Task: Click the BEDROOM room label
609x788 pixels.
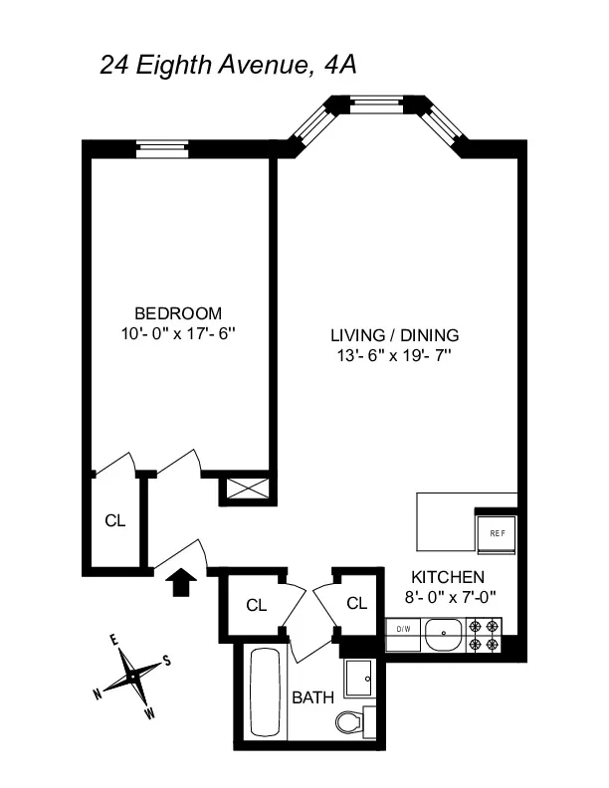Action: [179, 311]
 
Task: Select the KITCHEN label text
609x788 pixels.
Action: [448, 577]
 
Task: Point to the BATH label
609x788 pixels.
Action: [311, 698]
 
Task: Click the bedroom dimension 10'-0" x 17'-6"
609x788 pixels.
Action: [179, 333]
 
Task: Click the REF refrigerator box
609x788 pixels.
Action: [497, 531]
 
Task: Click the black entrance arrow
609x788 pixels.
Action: [180, 582]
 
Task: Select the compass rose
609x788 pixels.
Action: [132, 676]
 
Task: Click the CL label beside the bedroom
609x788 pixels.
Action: [115, 520]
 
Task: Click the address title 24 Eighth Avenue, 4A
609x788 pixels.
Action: [229, 66]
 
